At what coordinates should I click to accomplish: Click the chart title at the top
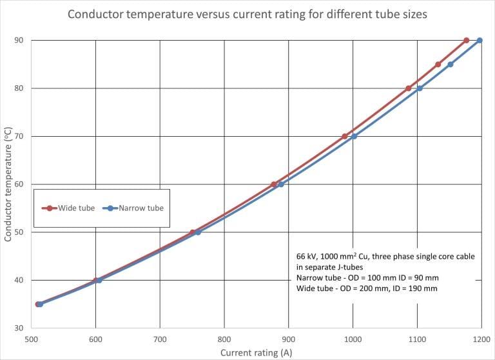pos(247,14)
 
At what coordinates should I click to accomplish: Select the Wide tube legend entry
pos(68,208)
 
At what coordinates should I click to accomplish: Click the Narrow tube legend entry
pos(133,208)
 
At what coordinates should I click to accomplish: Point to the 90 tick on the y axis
pos(19,40)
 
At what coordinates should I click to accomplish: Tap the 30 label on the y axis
pos(19,328)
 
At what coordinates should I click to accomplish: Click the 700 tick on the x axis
pos(160,339)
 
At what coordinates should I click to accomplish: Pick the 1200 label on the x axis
pos(481,339)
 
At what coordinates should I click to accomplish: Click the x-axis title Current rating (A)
pos(257,353)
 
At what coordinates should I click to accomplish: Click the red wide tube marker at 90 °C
pos(466,40)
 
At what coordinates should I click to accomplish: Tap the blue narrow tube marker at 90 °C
pos(480,40)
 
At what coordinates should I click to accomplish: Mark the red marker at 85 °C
pos(438,65)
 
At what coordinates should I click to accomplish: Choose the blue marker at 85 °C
pos(451,65)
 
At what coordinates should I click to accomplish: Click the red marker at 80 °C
pos(409,88)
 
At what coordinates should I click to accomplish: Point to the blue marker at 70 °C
pos(354,136)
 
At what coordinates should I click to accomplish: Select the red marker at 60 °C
pos(274,185)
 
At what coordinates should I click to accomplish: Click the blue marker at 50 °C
pos(198,232)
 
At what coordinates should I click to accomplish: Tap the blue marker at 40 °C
pos(99,280)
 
